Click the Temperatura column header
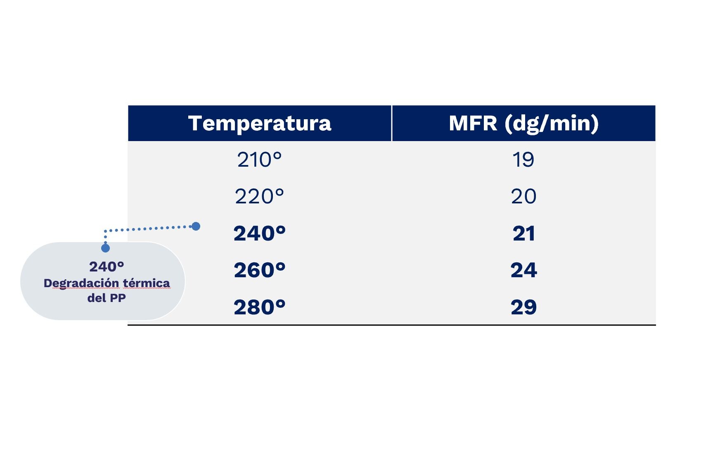coord(260,123)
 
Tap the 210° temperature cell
coord(259,160)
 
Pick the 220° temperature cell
coord(259,196)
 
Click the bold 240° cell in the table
coord(259,234)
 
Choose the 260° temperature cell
coord(259,270)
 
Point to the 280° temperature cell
coord(259,307)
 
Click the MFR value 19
coord(523,160)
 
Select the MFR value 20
coord(523,196)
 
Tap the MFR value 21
coord(523,234)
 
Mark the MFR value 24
coord(523,270)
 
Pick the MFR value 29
coord(523,307)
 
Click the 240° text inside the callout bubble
coord(107,267)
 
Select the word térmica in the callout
coord(147,283)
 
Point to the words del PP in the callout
coord(107,298)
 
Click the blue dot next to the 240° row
coord(196,226)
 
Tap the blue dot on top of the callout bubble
coord(105,248)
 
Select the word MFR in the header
coord(473,123)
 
